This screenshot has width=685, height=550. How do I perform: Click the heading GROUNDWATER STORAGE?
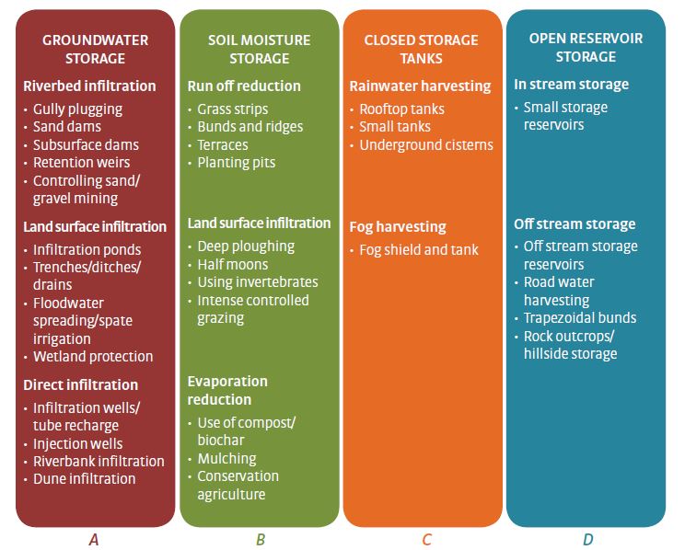[95, 50]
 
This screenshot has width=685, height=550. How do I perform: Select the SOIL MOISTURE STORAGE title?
[259, 50]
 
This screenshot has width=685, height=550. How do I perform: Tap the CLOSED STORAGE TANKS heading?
[422, 50]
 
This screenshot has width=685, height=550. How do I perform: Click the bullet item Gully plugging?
[77, 109]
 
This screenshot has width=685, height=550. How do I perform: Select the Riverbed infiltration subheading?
[89, 86]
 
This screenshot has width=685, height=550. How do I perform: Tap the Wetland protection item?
[93, 356]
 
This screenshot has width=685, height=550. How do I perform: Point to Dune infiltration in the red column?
[84, 478]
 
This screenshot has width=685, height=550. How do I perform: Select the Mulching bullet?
[226, 458]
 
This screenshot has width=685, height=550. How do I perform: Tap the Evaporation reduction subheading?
[227, 390]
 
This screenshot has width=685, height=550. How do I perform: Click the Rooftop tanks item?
[401, 109]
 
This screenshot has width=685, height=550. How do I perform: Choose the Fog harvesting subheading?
[397, 226]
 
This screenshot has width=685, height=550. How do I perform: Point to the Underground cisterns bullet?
[425, 144]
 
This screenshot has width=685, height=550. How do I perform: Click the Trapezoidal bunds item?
[579, 317]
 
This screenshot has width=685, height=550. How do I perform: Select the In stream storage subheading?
[571, 85]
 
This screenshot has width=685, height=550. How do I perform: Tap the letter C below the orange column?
[426, 540]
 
